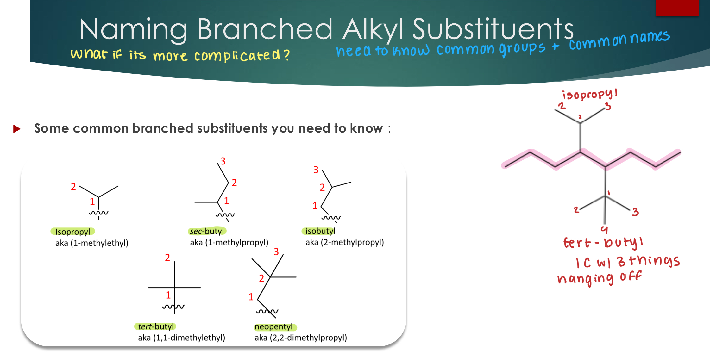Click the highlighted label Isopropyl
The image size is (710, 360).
pos(72,232)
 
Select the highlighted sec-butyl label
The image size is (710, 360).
pos(207,231)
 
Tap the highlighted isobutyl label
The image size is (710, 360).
pos(320,231)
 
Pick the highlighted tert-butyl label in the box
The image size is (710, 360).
pos(155,326)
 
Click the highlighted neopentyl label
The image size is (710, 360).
pos(274,326)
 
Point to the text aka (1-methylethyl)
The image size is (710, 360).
pos(92,243)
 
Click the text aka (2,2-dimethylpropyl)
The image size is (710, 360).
pos(301,338)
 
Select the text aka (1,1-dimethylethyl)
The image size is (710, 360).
pos(181,338)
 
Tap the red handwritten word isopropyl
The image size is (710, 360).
pos(589,94)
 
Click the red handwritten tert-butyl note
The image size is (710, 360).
pos(603,243)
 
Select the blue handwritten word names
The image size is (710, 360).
pos(650,37)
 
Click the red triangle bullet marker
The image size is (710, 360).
pos(17,129)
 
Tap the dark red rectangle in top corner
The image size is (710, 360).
pos(677,8)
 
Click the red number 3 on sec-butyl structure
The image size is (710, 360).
pos(223,161)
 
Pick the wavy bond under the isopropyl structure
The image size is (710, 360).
pos(98,213)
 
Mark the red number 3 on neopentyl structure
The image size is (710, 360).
pos(276,251)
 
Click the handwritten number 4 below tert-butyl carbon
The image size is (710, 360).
pos(604,229)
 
